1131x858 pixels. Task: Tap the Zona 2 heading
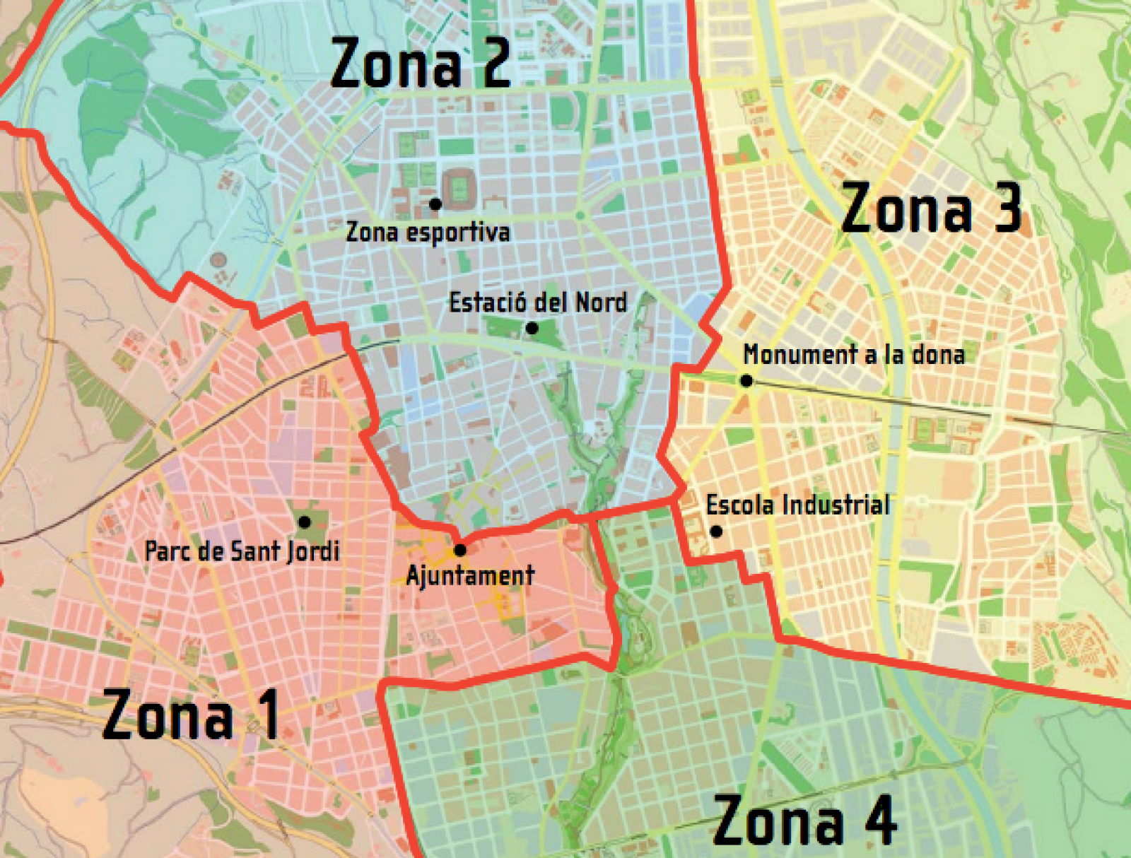pyautogui.click(x=420, y=64)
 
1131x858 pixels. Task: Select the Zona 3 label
pyautogui.click(x=931, y=208)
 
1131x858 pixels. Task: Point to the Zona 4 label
pyautogui.click(x=804, y=820)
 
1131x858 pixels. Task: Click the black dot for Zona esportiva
pyautogui.click(x=435, y=204)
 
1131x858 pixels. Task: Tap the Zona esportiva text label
pyautogui.click(x=428, y=232)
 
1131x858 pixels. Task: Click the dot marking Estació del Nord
pyautogui.click(x=532, y=328)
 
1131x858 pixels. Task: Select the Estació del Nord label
pyautogui.click(x=538, y=302)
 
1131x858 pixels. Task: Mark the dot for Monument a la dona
pyautogui.click(x=746, y=381)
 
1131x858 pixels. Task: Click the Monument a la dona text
pyautogui.click(x=854, y=354)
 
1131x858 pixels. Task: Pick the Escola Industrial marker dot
pyautogui.click(x=716, y=531)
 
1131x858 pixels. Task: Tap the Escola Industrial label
pyautogui.click(x=797, y=505)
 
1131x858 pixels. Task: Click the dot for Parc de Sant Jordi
pyautogui.click(x=305, y=522)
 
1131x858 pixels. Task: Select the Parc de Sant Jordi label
pyautogui.click(x=242, y=551)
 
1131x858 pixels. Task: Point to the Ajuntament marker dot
pyautogui.click(x=460, y=550)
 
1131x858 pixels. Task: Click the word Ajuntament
pyautogui.click(x=470, y=576)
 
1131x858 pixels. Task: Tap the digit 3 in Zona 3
pyautogui.click(x=1007, y=208)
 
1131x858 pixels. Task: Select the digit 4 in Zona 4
pyautogui.click(x=881, y=820)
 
